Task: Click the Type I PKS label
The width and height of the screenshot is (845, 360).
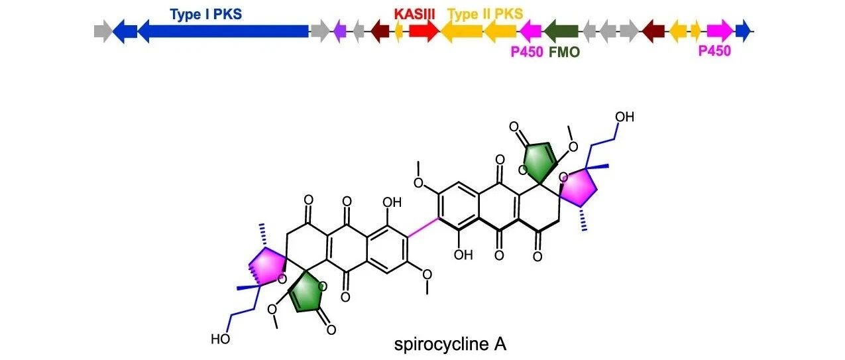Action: pyautogui.click(x=205, y=15)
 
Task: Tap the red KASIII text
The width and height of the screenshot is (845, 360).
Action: pyautogui.click(x=414, y=15)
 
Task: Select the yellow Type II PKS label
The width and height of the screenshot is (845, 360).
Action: pyautogui.click(x=485, y=15)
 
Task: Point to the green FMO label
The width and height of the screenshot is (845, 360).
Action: pyautogui.click(x=564, y=52)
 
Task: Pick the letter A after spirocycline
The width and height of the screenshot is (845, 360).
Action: pyautogui.click(x=500, y=343)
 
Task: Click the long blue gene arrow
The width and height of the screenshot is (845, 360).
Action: pyautogui.click(x=223, y=31)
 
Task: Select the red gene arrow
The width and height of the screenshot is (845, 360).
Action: pyautogui.click(x=424, y=31)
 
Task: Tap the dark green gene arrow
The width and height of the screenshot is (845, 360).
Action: pyautogui.click(x=561, y=31)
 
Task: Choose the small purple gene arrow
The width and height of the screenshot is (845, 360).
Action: pyautogui.click(x=340, y=31)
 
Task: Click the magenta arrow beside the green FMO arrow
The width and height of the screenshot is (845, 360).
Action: pyautogui.click(x=531, y=31)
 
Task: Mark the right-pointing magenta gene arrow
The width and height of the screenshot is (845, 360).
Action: pyautogui.click(x=720, y=31)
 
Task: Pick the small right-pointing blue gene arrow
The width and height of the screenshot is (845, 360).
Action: pyautogui.click(x=743, y=31)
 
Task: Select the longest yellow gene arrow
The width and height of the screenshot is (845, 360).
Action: pyautogui.click(x=461, y=31)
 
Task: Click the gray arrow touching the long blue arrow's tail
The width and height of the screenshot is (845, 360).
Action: pyautogui.click(x=320, y=31)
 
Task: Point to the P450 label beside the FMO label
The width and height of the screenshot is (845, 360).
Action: pyautogui.click(x=527, y=52)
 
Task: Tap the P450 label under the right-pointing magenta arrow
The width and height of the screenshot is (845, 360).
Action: pyautogui.click(x=714, y=50)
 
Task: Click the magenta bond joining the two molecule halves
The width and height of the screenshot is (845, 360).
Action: pyautogui.click(x=423, y=227)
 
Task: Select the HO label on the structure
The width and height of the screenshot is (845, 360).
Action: pyautogui.click(x=221, y=339)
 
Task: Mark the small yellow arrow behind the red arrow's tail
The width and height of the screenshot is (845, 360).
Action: pyautogui.click(x=398, y=31)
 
